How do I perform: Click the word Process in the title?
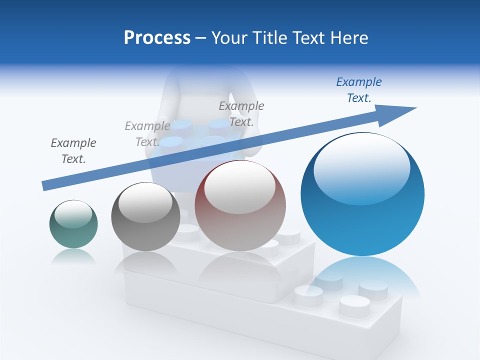pos(157,38)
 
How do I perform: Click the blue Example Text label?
pos(359,90)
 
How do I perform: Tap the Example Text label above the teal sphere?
pos(73,151)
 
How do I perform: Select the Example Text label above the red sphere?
pos(241,113)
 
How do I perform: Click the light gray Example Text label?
pos(147,134)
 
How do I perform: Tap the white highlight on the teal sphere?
pos(73,214)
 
